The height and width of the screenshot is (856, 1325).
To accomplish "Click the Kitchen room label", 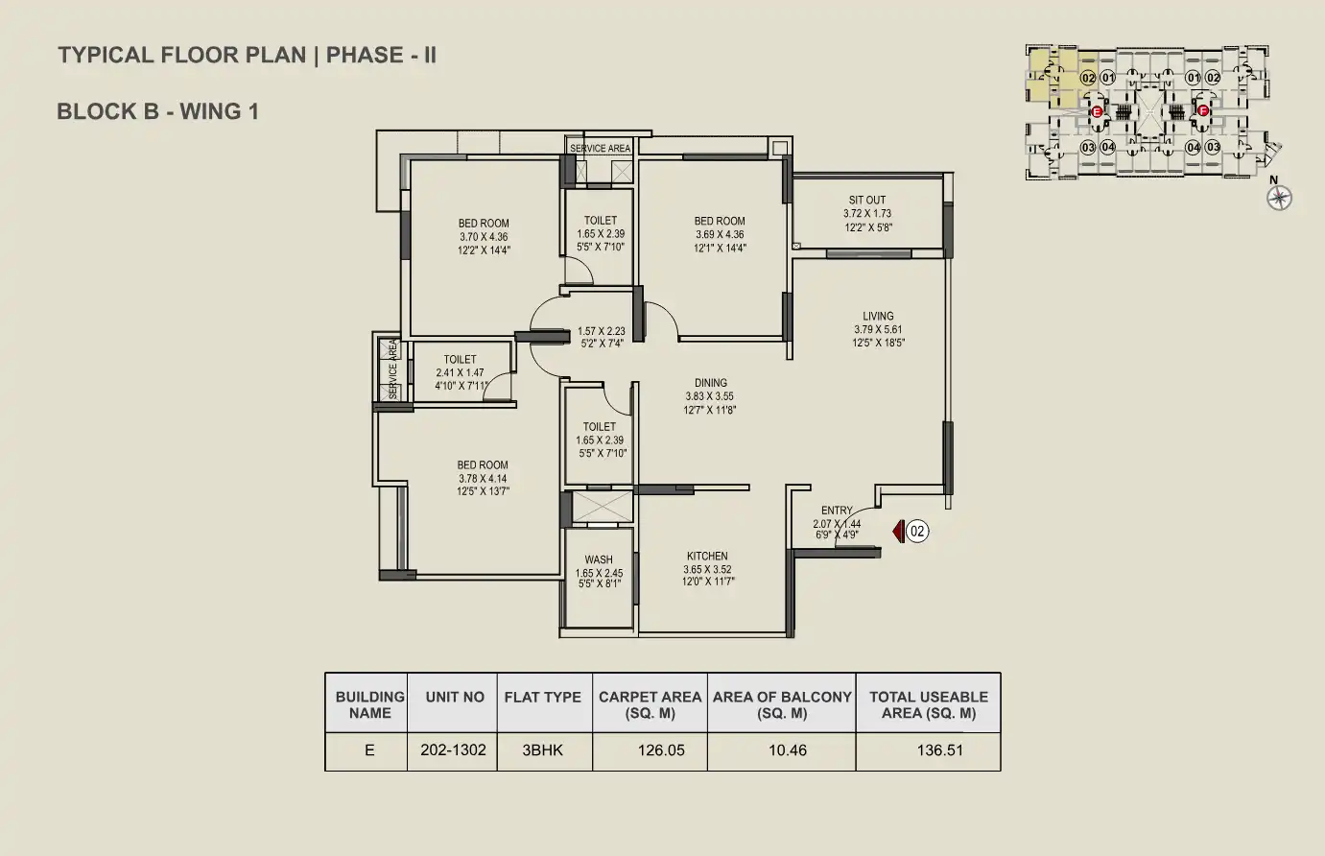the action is coord(707,556).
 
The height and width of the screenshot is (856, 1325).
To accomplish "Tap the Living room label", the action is coord(879,316).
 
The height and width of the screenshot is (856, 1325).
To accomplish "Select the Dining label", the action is coord(711,383).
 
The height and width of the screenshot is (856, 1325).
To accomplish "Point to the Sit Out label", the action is coord(867,200).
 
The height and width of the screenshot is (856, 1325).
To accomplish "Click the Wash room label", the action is coord(599,559).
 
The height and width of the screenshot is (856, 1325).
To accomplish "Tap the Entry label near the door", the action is coord(837,510).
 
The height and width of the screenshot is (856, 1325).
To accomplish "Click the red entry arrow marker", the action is coord(898,532).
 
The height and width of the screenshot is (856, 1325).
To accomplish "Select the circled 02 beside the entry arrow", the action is coord(917,532).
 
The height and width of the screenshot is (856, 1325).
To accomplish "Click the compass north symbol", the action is coord(1279,198).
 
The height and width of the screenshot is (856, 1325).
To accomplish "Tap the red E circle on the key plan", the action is coord(1097,111).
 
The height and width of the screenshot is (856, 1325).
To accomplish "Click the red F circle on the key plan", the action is coord(1202,110).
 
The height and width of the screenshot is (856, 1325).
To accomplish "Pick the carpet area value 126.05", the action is coord(661,750).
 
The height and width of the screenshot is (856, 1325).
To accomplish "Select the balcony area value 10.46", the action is coord(788,750).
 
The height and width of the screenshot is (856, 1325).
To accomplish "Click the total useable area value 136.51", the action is coord(940,750).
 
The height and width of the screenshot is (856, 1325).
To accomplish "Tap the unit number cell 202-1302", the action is coord(453,750).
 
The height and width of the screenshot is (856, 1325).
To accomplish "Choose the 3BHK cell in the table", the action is coord(542,750).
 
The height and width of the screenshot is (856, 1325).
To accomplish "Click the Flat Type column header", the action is coord(542,698).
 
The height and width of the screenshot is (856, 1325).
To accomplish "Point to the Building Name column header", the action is coord(369,704).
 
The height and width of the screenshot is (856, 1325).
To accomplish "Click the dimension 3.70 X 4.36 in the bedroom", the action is coord(484,237).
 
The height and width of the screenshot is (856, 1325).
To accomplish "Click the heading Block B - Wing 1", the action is coord(158,111).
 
